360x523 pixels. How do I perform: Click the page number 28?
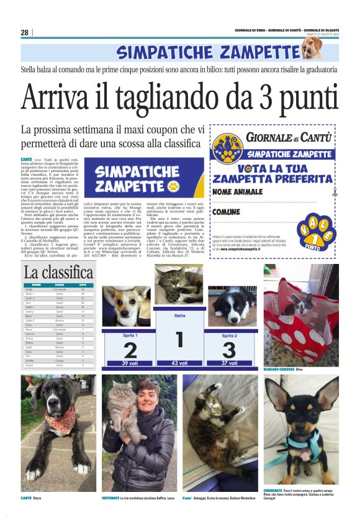point(25,32)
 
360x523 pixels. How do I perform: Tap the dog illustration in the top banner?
point(311,48)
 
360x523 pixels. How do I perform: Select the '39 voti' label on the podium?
point(130,363)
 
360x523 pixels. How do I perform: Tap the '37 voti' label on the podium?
point(228,363)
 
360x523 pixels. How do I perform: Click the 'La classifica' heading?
point(58,272)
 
